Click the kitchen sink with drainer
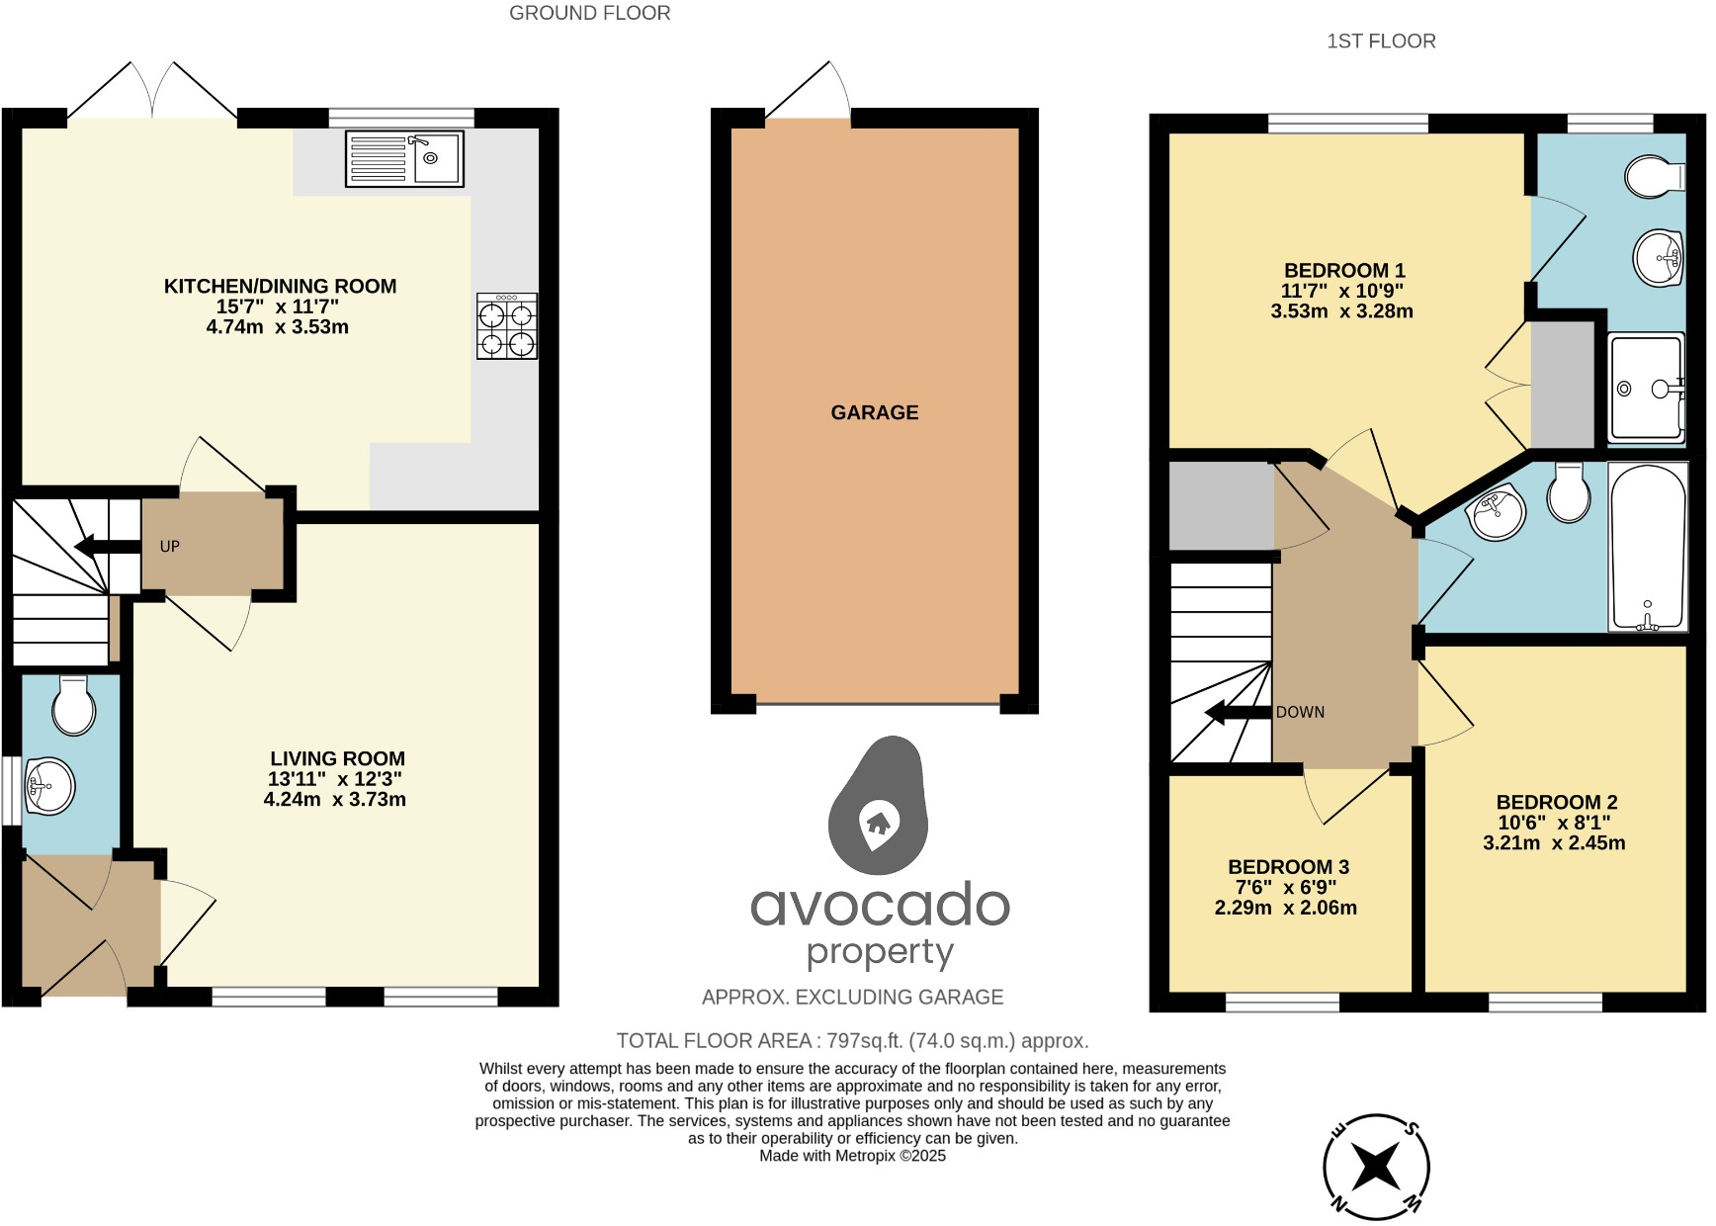tap(404, 158)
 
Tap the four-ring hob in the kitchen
tap(507, 326)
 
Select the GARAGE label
tap(874, 412)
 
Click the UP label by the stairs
tap(170, 547)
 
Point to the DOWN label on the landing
tap(1300, 712)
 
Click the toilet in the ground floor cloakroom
tap(74, 705)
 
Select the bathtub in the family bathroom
tap(1648, 547)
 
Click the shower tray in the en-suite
tap(1646, 388)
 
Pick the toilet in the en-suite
tap(1655, 176)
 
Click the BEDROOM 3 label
tap(1288, 867)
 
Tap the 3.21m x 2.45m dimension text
tap(1554, 843)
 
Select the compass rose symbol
tap(1376, 1167)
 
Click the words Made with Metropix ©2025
tap(852, 1156)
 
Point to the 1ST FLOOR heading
tap(1381, 42)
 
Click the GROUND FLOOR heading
tap(589, 14)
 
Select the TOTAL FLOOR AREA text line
tap(852, 1041)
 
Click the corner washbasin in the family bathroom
tap(1498, 512)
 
